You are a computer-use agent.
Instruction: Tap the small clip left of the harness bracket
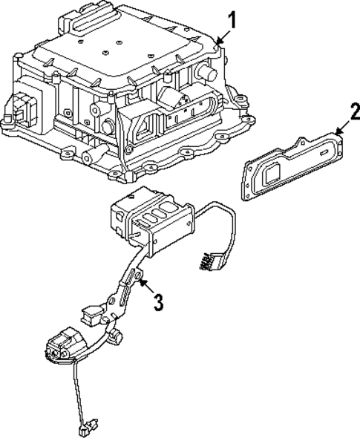(x=88, y=315)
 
